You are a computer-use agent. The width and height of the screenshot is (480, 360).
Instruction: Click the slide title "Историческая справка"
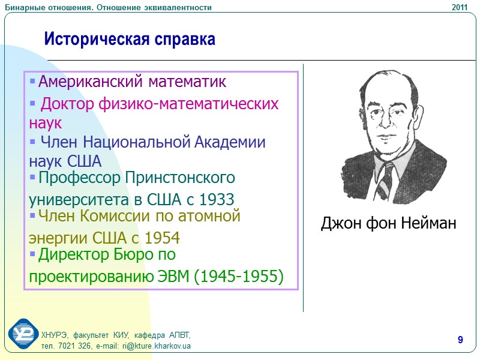point(130,40)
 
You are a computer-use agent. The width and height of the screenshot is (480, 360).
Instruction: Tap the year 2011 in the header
point(460,7)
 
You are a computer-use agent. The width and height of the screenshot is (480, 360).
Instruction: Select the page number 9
point(460,341)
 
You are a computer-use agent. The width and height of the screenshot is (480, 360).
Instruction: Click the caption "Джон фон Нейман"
point(388,224)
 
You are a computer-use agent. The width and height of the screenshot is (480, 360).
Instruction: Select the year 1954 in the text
point(161,237)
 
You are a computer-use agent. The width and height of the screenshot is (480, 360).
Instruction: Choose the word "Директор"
point(73,255)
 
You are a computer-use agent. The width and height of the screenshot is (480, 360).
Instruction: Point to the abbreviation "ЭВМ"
point(172,277)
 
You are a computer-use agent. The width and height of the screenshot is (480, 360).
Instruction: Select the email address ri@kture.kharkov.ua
point(156,347)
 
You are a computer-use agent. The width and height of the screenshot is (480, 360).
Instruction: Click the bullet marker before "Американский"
point(32,81)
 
